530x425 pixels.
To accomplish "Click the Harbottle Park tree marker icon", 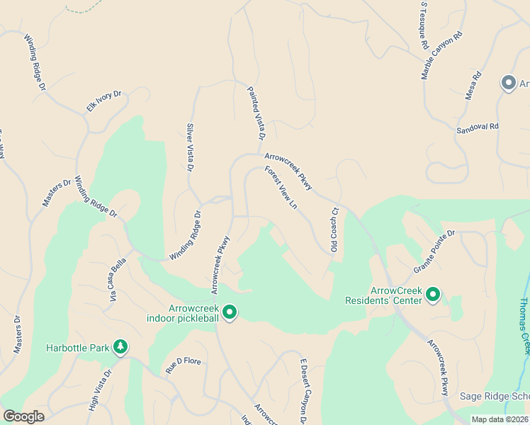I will [121, 346].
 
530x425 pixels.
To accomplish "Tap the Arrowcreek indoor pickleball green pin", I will [229, 312].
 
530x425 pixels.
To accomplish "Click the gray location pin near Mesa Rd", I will [508, 84].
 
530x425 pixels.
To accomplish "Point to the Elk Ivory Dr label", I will [104, 101].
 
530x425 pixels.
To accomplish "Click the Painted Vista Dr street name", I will [256, 113].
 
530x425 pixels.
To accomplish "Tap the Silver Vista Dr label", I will [190, 147].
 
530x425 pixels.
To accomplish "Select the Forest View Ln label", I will [281, 188].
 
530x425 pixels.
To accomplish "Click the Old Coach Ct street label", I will [334, 229].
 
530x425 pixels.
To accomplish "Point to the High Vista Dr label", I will [101, 390].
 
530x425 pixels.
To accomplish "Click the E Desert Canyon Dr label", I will [303, 390].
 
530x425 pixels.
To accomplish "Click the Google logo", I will [23, 416].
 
